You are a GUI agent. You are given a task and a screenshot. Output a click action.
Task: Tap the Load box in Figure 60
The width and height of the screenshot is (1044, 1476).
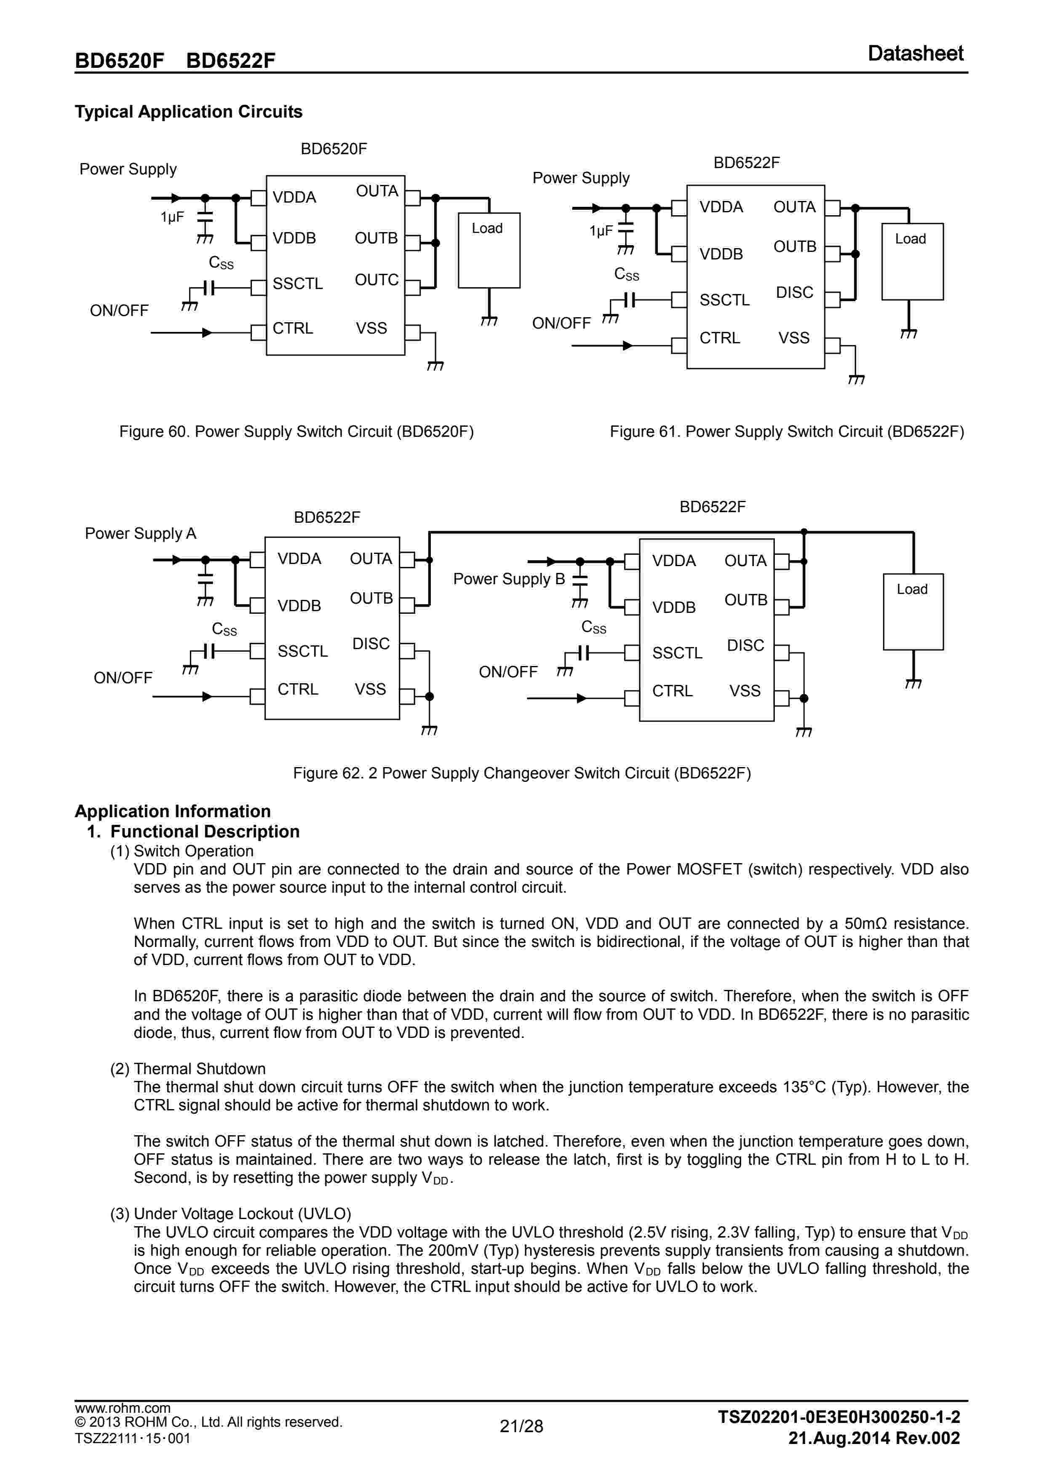[x=489, y=250]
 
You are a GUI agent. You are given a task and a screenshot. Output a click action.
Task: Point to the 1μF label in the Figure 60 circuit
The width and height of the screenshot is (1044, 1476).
[x=172, y=217]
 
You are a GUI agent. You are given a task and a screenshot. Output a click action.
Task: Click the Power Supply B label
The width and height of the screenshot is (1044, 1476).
[x=508, y=579]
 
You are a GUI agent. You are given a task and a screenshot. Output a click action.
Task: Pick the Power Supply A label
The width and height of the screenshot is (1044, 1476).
[x=140, y=534]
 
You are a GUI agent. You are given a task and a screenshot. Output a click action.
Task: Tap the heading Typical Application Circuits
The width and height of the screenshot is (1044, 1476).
[x=188, y=112]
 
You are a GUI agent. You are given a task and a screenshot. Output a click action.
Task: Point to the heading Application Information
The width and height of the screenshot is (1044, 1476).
[x=172, y=811]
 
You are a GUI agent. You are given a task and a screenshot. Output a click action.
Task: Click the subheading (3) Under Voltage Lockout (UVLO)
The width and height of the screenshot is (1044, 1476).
[x=230, y=1214]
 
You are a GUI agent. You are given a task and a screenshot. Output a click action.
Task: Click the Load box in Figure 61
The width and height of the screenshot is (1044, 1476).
[x=912, y=261]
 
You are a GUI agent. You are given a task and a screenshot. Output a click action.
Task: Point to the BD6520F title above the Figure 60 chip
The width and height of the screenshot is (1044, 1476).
[x=334, y=149]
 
